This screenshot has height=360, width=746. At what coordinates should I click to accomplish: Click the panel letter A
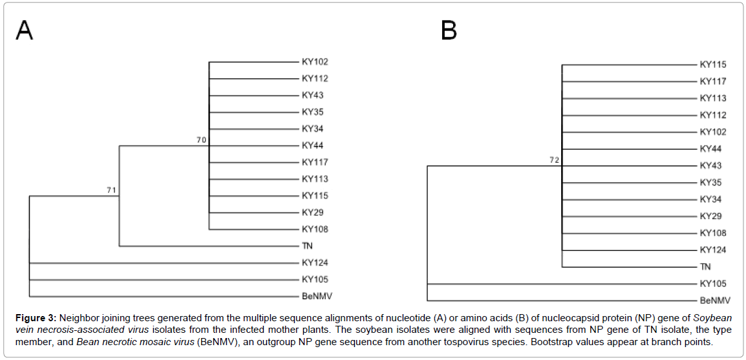[x=25, y=30]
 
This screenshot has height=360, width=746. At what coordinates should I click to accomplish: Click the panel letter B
[x=449, y=30]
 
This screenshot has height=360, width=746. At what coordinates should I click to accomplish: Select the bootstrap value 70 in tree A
[x=201, y=139]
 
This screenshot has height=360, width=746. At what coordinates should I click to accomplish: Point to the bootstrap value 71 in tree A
[x=112, y=190]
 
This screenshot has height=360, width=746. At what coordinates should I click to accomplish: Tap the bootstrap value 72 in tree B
[x=554, y=160]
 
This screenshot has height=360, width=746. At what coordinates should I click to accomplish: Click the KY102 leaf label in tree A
[x=315, y=62]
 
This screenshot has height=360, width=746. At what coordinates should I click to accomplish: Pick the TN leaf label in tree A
[x=307, y=246]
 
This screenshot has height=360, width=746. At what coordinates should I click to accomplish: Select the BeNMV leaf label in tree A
[x=317, y=296]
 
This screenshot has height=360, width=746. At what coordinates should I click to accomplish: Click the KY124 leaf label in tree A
[x=315, y=262]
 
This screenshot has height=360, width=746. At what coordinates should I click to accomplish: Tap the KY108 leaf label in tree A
[x=315, y=229]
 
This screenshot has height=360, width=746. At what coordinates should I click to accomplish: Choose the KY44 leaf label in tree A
[x=312, y=145]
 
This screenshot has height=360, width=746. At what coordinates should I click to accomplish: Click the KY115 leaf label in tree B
[x=713, y=65]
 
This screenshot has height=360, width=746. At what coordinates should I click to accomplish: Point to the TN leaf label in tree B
[x=705, y=266]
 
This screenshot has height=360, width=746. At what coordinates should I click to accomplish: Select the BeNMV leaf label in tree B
[x=715, y=301]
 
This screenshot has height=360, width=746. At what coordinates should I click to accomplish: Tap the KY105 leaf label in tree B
[x=713, y=284]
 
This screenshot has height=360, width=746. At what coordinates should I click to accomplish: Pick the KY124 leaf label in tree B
[x=713, y=249]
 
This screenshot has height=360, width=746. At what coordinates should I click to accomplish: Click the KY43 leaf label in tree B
[x=710, y=165]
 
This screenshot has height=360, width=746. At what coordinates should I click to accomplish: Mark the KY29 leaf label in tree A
[x=312, y=212]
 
